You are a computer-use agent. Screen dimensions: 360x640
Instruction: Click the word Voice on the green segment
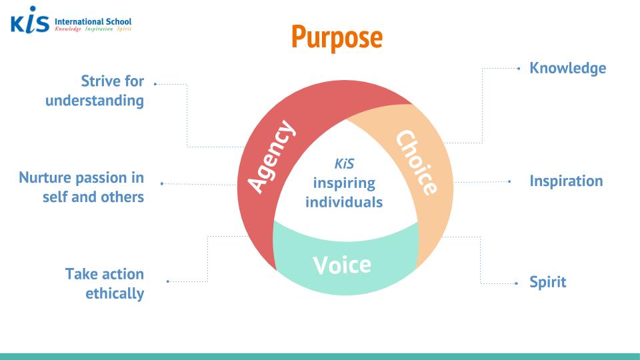(342, 265)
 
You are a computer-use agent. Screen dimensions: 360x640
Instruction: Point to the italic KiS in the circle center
(344, 164)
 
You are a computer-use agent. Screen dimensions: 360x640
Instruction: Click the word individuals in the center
(344, 201)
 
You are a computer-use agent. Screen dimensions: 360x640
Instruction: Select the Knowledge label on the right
(567, 68)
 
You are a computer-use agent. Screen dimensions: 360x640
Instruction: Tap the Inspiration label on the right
(566, 181)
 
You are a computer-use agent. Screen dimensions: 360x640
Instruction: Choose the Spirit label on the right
(547, 282)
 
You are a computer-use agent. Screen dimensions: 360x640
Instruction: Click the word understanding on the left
(95, 101)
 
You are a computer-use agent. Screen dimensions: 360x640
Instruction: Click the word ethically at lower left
(115, 293)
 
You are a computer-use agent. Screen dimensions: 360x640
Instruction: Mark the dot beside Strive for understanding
(155, 84)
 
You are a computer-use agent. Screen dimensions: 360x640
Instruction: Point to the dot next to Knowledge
(519, 68)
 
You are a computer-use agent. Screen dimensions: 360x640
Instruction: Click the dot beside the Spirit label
(517, 283)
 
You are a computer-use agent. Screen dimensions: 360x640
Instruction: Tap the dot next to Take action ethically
(167, 281)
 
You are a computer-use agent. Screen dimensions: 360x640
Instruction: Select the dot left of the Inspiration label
(509, 181)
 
